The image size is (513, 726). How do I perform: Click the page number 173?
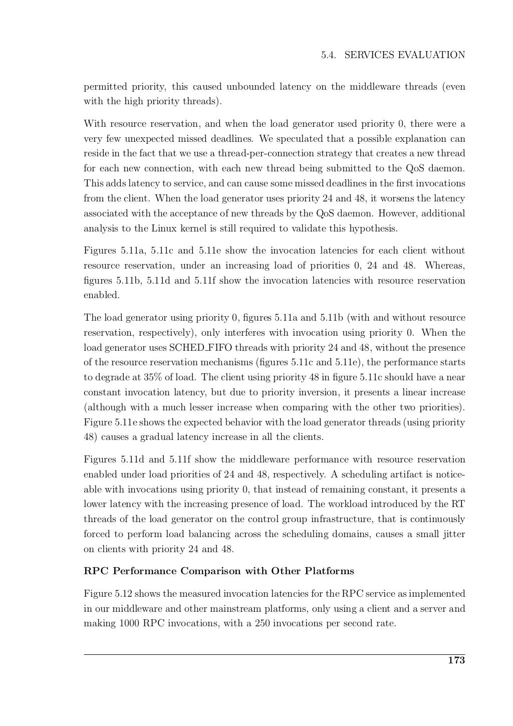456,660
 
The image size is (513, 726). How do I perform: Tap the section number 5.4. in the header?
330,55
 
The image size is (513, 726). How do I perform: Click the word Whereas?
445,266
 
